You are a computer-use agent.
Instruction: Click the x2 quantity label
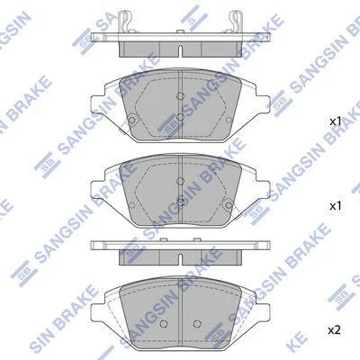[334, 330]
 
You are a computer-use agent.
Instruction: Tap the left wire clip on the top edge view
[125, 21]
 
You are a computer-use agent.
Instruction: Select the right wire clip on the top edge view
[235, 21]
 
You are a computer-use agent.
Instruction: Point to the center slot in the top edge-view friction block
[180, 51]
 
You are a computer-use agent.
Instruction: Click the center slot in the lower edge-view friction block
[180, 259]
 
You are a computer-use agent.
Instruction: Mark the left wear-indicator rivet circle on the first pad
[131, 120]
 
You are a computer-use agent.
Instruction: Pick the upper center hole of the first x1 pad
[180, 96]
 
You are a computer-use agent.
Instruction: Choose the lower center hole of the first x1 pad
[180, 117]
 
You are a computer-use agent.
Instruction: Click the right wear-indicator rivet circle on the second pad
[229, 205]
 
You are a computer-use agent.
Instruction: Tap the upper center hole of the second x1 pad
[180, 181]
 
